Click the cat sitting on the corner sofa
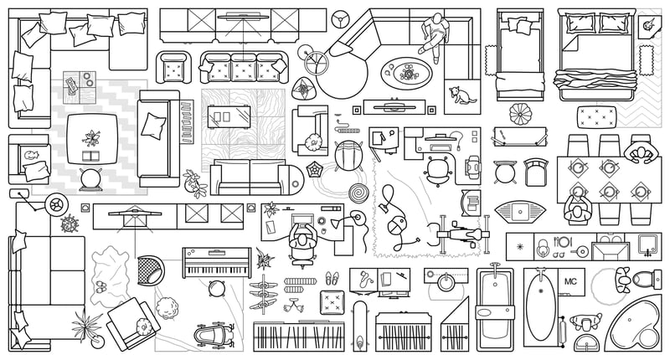click(x=460, y=97)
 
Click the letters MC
click(x=573, y=281)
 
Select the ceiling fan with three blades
click(x=340, y=18)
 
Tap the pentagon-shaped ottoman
click(x=316, y=169)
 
